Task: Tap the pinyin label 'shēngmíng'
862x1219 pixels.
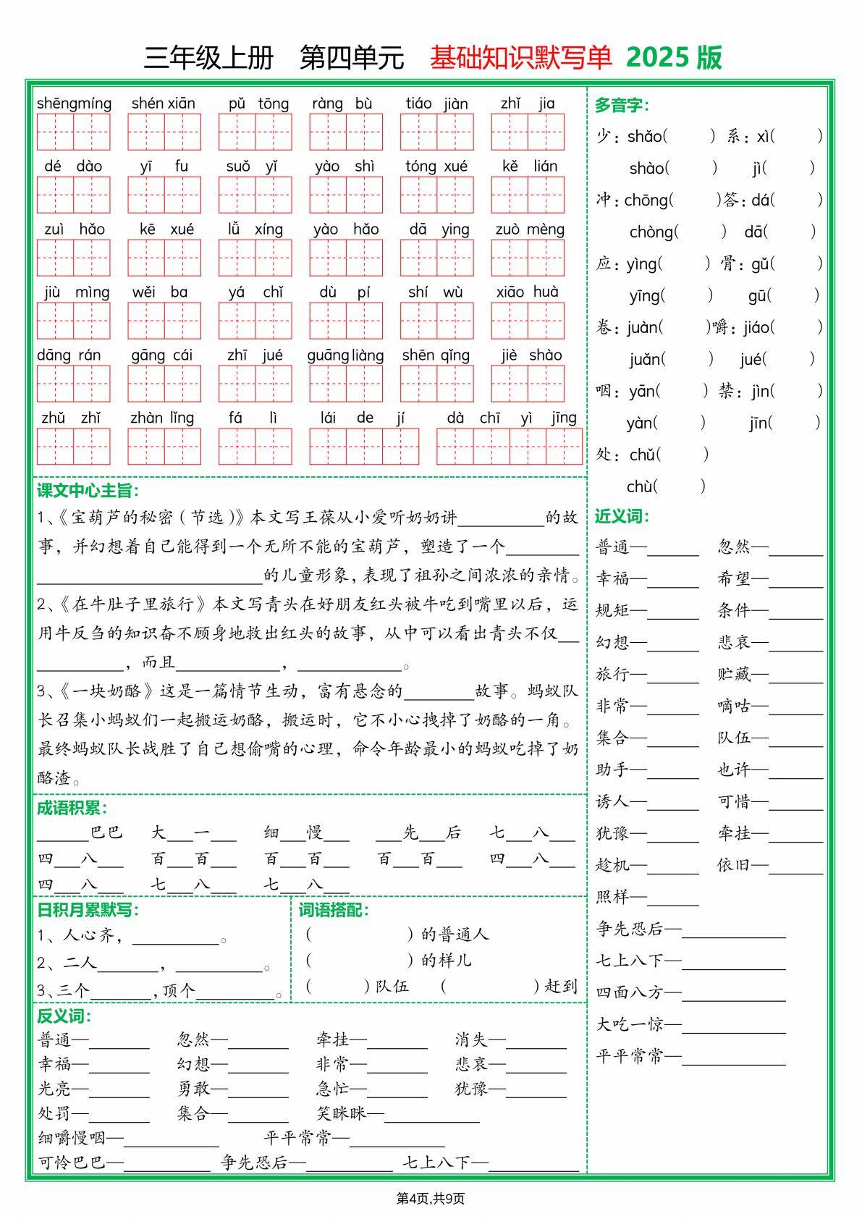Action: (74, 104)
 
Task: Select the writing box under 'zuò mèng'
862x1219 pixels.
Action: (527, 258)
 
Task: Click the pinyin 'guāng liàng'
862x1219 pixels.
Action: (345, 355)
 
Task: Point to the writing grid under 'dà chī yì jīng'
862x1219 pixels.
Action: (509, 447)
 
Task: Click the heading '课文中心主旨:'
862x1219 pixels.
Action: (88, 491)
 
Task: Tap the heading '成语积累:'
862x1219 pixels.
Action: (72, 809)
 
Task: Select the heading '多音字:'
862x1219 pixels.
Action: (622, 105)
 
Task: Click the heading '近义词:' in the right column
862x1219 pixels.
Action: (622, 516)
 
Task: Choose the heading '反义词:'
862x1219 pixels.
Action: (64, 1016)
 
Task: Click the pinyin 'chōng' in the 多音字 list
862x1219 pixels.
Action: (646, 200)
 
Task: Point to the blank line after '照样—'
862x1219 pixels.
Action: (673, 898)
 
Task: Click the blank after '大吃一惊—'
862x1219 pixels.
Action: (733, 1026)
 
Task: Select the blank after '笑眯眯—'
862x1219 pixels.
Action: (431, 1115)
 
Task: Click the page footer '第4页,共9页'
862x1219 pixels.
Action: (431, 1198)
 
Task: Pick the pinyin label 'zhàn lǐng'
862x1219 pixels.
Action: (162, 418)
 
